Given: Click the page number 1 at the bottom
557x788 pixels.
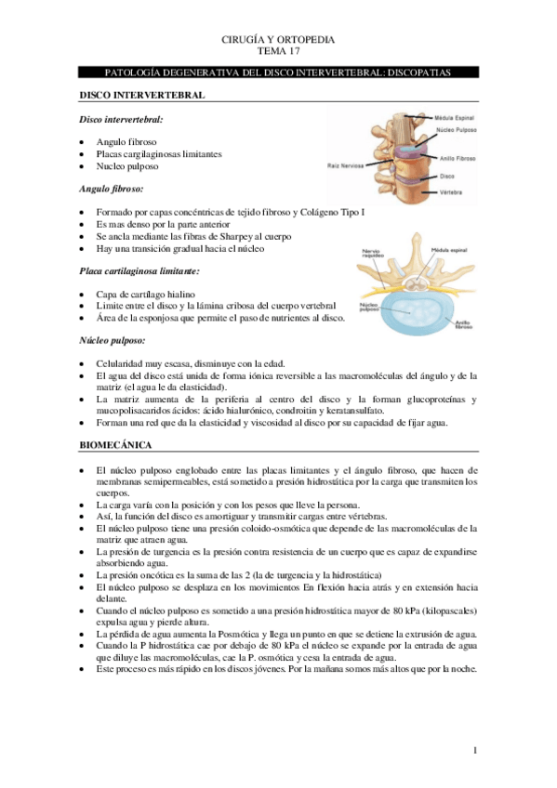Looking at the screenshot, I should point(474,750).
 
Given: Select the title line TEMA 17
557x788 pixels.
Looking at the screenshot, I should point(278,52).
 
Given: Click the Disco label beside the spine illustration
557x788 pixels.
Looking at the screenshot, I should point(447,174).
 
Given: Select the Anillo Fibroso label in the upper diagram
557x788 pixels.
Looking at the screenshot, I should point(458,159).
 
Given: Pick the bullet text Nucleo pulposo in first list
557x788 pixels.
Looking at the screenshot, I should point(126,166).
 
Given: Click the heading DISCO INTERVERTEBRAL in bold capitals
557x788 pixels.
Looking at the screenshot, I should point(141,95).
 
